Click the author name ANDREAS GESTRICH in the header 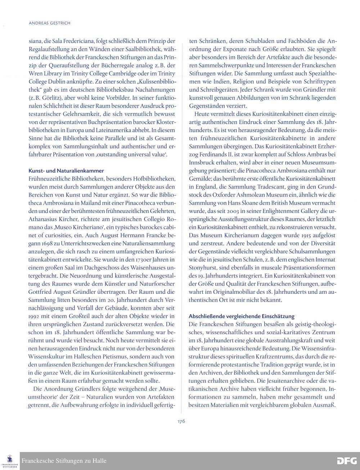click(49, 23)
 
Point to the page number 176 click(181, 421)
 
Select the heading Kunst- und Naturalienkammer click(66, 171)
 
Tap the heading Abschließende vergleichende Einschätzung click(241, 316)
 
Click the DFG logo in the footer click(347, 461)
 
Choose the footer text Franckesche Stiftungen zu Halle click(64, 461)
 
